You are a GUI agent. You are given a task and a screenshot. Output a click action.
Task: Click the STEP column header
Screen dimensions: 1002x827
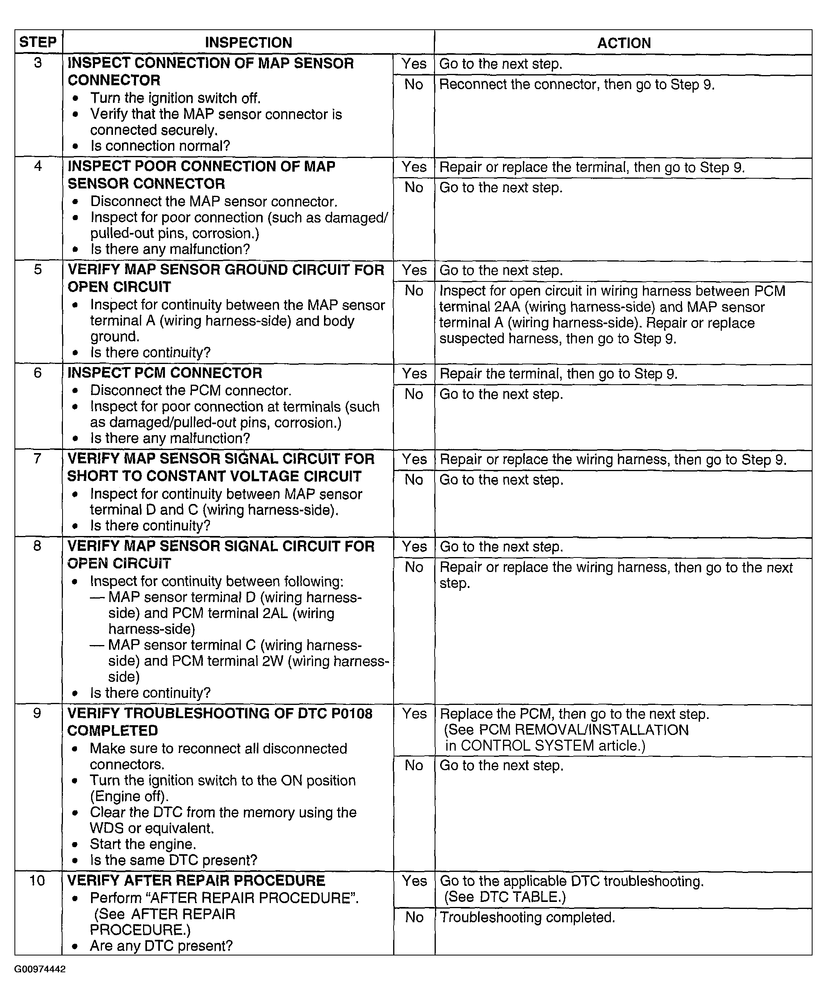click(x=38, y=42)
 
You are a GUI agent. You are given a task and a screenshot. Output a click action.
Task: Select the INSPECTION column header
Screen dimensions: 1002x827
click(x=248, y=42)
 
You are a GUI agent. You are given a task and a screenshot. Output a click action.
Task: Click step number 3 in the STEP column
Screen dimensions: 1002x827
click(x=38, y=63)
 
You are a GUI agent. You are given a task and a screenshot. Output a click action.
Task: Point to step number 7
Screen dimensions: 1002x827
click(x=38, y=458)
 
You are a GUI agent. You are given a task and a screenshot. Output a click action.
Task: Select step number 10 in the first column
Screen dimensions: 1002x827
click(x=37, y=880)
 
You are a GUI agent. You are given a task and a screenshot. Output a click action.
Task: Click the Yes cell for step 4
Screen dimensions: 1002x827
click(x=414, y=167)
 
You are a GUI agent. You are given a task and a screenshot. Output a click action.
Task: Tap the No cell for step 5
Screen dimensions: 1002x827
click(x=414, y=290)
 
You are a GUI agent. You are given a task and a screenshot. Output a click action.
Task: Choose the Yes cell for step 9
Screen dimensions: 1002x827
click(x=414, y=713)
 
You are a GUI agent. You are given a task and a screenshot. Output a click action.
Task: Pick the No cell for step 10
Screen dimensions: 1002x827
click(x=414, y=917)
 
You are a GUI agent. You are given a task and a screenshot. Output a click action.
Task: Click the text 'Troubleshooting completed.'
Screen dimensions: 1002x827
click(x=527, y=918)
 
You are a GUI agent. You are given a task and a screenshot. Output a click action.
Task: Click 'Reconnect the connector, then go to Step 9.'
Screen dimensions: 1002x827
click(x=577, y=84)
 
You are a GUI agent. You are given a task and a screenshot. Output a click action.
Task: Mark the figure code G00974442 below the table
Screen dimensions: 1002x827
click(x=40, y=969)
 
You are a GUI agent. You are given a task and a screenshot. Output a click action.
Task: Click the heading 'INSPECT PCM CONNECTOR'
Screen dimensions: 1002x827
click(x=165, y=373)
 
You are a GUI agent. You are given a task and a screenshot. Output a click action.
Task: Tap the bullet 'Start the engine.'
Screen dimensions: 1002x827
click(x=143, y=844)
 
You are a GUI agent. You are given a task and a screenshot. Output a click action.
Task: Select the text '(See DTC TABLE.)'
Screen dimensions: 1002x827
click(x=505, y=897)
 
